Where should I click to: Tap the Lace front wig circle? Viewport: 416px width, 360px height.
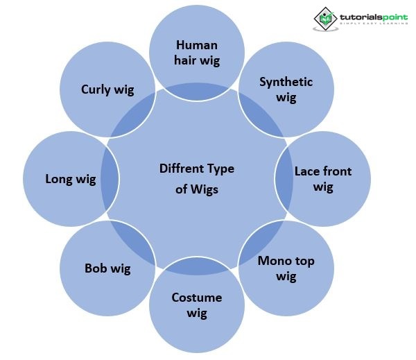(323, 178)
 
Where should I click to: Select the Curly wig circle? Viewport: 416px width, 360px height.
(107, 89)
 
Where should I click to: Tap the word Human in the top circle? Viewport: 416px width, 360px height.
(197, 45)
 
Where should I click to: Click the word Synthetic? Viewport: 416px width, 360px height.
(286, 82)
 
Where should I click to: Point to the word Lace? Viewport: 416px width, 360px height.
(308, 171)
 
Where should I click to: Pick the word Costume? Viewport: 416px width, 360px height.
(197, 298)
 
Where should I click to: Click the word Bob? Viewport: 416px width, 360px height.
(96, 268)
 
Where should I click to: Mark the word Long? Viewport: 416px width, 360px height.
(58, 179)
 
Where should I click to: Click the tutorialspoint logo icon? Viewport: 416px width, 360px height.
(324, 19)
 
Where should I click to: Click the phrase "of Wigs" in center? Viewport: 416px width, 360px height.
(197, 189)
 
